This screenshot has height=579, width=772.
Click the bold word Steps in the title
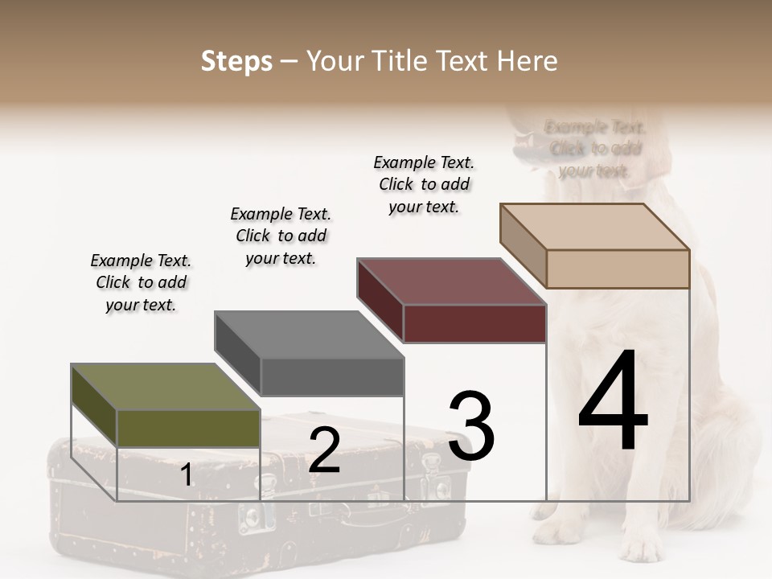[x=236, y=61]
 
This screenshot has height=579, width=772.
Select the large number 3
[x=471, y=426]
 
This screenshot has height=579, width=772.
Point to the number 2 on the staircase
[x=324, y=450]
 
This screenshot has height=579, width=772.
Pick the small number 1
[x=187, y=474]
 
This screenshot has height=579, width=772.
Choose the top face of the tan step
[x=595, y=227]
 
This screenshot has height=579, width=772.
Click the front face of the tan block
[x=618, y=269]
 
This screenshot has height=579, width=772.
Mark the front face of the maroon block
[x=474, y=323]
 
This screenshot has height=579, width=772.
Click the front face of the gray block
[x=332, y=376]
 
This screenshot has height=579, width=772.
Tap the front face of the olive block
[x=188, y=428]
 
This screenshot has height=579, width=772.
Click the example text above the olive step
[x=141, y=282]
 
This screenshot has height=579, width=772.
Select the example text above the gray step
[x=281, y=236]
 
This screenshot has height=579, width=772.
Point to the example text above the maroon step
[x=424, y=184]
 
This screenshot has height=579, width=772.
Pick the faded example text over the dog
[x=595, y=149]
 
